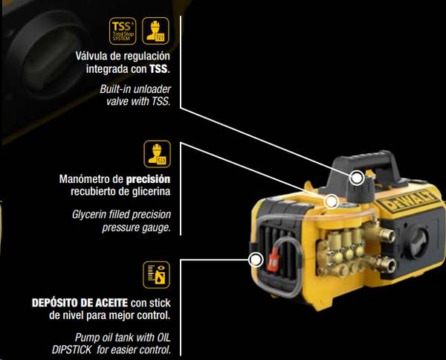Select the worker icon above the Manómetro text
click(x=157, y=155)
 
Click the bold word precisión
click(x=149, y=179)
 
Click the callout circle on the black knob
click(x=358, y=178)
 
